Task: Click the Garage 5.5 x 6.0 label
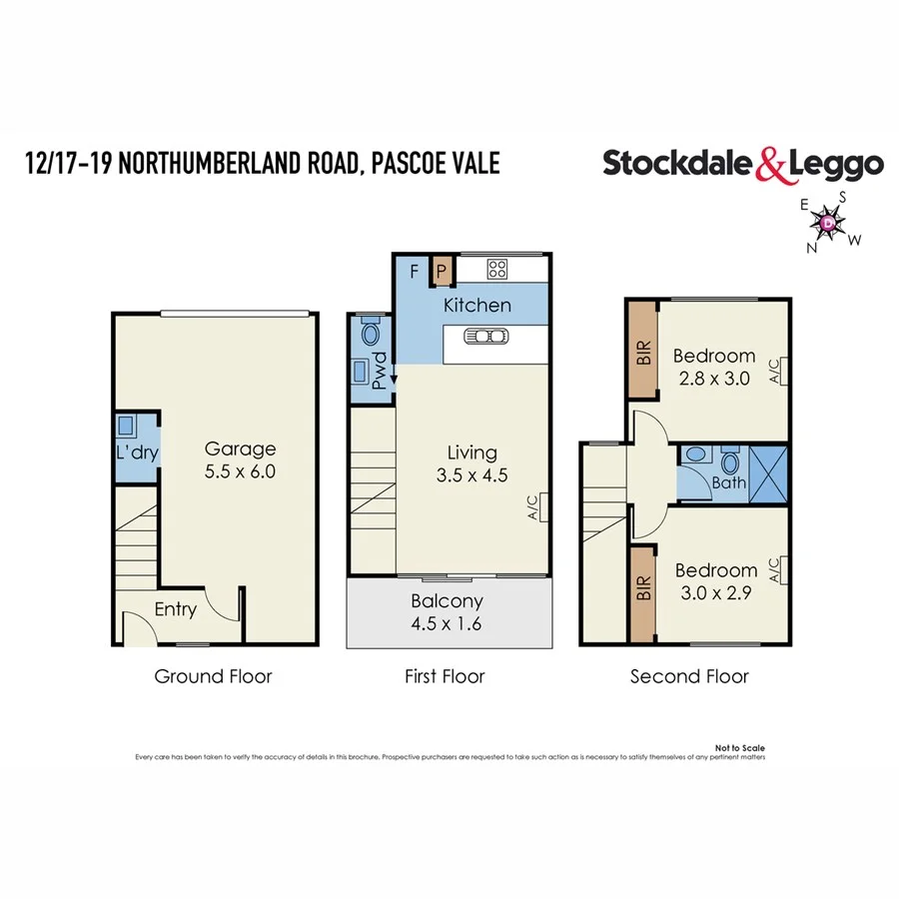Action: tap(240, 459)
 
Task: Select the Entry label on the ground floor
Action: tap(176, 609)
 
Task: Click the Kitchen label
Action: tap(477, 306)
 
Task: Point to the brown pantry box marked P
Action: tap(443, 270)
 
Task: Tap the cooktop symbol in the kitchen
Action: tap(498, 269)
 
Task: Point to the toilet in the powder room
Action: tap(371, 332)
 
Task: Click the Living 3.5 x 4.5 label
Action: tap(472, 463)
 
